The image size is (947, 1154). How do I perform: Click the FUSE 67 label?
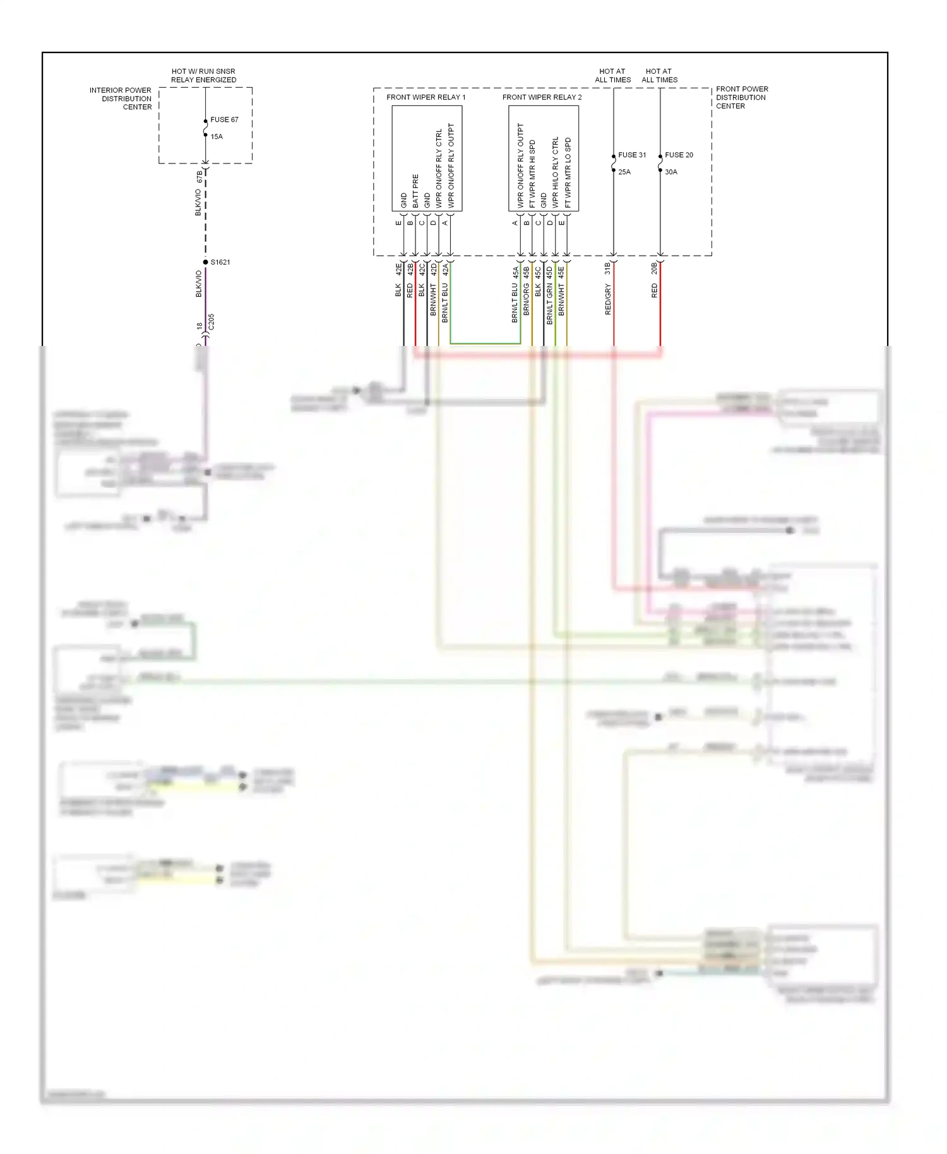click(x=224, y=119)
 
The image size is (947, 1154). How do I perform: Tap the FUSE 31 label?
click(x=632, y=155)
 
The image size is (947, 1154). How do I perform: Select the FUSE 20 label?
click(x=679, y=155)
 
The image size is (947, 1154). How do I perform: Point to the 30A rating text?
click(x=670, y=172)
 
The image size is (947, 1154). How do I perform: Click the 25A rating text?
click(x=624, y=172)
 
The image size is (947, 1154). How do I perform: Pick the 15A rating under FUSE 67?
click(x=217, y=136)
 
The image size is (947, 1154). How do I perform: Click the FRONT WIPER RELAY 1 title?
click(x=426, y=97)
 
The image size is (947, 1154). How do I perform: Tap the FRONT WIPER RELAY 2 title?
click(x=542, y=97)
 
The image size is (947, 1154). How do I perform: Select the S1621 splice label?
click(x=220, y=262)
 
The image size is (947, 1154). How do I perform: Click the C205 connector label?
click(x=211, y=321)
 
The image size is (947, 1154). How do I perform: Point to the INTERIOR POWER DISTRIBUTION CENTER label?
click(x=121, y=98)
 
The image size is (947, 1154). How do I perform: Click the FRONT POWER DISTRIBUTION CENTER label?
click(x=742, y=97)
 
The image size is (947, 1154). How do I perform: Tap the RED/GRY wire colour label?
click(x=608, y=299)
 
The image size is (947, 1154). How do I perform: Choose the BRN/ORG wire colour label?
click(x=526, y=299)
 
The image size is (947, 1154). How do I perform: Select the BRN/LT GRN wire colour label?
click(x=549, y=304)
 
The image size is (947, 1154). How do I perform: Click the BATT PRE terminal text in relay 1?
click(x=415, y=191)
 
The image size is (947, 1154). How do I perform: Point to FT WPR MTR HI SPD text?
click(x=532, y=174)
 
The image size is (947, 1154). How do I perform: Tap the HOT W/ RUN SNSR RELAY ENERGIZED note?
click(x=203, y=76)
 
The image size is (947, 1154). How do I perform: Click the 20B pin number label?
click(x=654, y=268)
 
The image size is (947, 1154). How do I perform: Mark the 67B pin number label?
click(x=200, y=176)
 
